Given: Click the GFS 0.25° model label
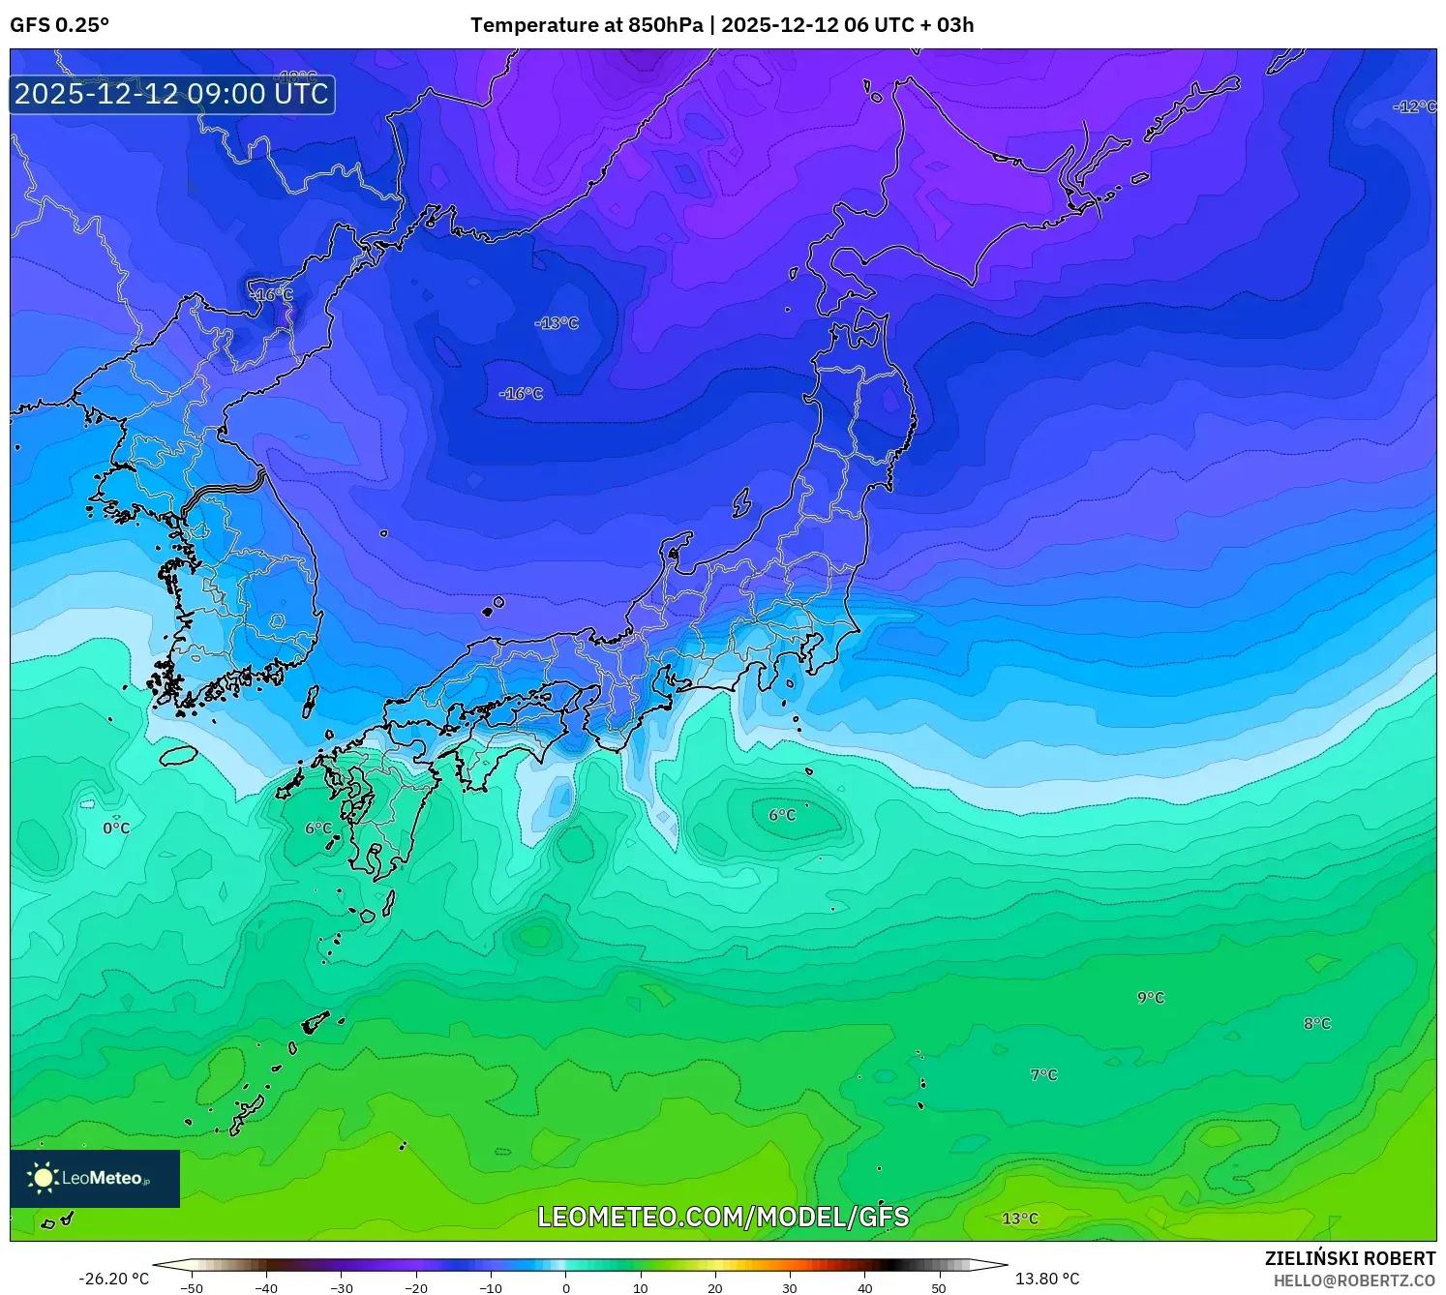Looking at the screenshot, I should click(x=59, y=25).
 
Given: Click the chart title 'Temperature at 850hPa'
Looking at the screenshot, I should click(x=587, y=25).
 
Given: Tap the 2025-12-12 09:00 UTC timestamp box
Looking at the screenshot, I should click(x=172, y=94).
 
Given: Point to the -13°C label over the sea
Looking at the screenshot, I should click(x=557, y=323).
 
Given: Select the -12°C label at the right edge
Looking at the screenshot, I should click(x=1414, y=106).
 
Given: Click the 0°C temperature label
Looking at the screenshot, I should click(x=116, y=828).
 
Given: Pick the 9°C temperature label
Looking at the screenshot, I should click(x=1151, y=998).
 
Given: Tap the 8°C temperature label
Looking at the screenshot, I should click(x=1317, y=1024).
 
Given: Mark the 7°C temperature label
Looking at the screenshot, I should click(x=1043, y=1075).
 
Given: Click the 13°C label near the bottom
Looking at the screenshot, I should click(x=1019, y=1219).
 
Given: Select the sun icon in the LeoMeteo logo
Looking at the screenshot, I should click(x=43, y=1178).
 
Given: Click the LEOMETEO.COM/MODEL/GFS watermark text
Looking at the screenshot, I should click(x=723, y=1217).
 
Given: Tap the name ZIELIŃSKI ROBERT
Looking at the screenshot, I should click(x=1350, y=1258).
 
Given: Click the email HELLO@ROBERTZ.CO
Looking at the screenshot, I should click(x=1354, y=1280).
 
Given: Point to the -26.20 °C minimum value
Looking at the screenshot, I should click(x=114, y=1280).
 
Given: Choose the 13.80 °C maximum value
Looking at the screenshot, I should click(x=1047, y=1280).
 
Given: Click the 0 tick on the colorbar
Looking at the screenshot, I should click(x=566, y=1288).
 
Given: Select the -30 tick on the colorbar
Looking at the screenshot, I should click(x=342, y=1288).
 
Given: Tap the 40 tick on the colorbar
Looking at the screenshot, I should click(x=864, y=1288).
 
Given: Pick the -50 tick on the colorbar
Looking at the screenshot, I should click(x=192, y=1288).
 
